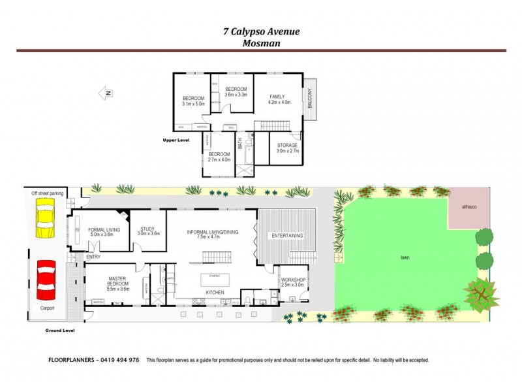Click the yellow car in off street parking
pos(46,219)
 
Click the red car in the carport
pos(45,279)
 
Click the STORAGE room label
pos(287,145)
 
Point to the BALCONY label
pos(310,98)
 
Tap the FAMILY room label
pos(277,97)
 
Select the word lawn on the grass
pos(405,258)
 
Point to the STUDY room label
pos(147,229)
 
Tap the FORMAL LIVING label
pos(100,229)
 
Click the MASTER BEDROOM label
pos(118,283)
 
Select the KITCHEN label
pos(215,291)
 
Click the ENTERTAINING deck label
pos(287,235)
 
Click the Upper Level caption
pos(176,140)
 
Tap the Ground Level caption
pos(60,331)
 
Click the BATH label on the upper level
pos(241,142)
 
